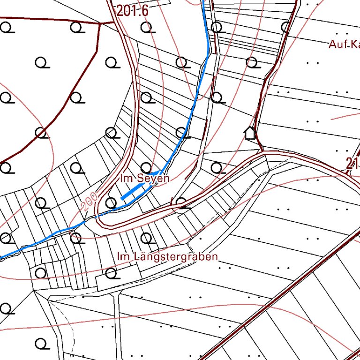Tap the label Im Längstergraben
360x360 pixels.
(168, 257)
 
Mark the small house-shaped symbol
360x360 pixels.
(250, 134)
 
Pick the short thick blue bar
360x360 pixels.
(133, 192)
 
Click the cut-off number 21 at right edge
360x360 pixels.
(353, 164)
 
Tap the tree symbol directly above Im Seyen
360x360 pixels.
(146, 167)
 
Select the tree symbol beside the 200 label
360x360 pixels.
(111, 202)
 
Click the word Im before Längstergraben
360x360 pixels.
(122, 257)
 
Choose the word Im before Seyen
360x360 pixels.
(125, 179)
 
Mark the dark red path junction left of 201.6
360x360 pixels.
(101, 22)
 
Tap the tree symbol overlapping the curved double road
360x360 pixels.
(181, 202)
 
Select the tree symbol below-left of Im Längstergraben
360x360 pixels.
(111, 273)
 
